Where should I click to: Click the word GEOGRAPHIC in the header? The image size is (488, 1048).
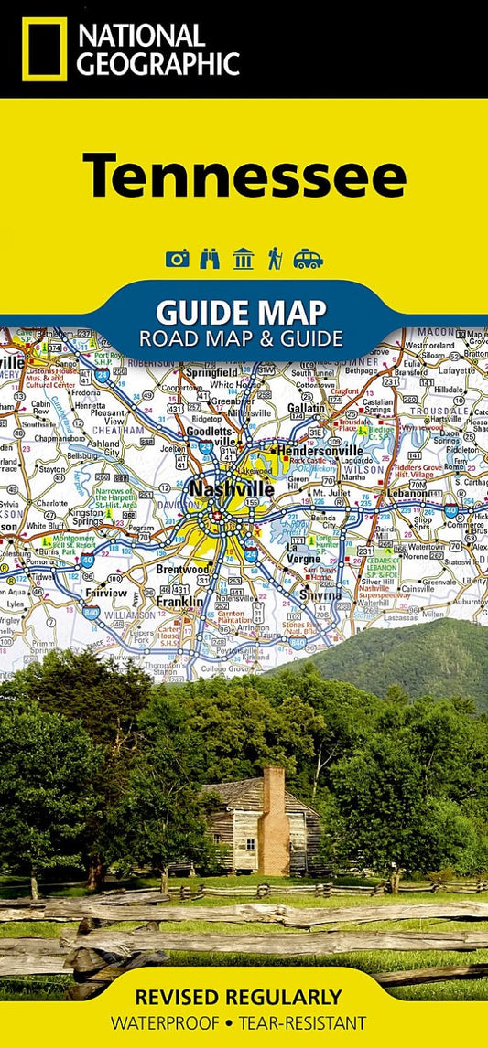[157, 63]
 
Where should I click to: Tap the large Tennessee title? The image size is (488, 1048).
[244, 176]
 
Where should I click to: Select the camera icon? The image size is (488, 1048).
[177, 259]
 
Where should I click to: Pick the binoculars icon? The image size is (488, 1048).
[210, 259]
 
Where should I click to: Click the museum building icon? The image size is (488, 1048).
[243, 259]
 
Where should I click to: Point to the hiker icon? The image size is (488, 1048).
[274, 259]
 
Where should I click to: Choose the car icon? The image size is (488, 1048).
[308, 259]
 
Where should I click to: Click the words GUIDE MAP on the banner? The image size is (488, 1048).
[241, 313]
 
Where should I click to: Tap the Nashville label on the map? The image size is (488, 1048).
[231, 489]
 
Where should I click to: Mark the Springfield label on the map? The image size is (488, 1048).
[211, 373]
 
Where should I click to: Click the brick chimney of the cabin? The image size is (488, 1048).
[274, 819]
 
